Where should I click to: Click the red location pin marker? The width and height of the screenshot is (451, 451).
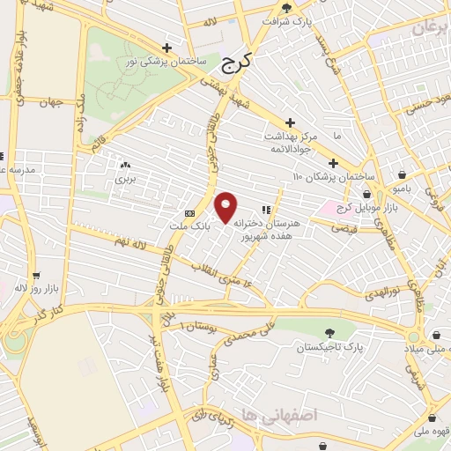[226, 207]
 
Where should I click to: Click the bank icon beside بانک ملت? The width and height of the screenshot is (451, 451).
[189, 214]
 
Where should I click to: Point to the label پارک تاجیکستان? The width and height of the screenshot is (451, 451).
[330, 348]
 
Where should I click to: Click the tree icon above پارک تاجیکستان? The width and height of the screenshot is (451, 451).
[330, 333]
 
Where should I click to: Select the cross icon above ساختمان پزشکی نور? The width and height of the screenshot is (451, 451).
[166, 48]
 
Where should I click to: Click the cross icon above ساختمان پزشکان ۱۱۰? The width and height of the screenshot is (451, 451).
[333, 163]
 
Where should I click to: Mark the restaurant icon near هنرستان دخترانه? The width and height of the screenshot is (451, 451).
[266, 210]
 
